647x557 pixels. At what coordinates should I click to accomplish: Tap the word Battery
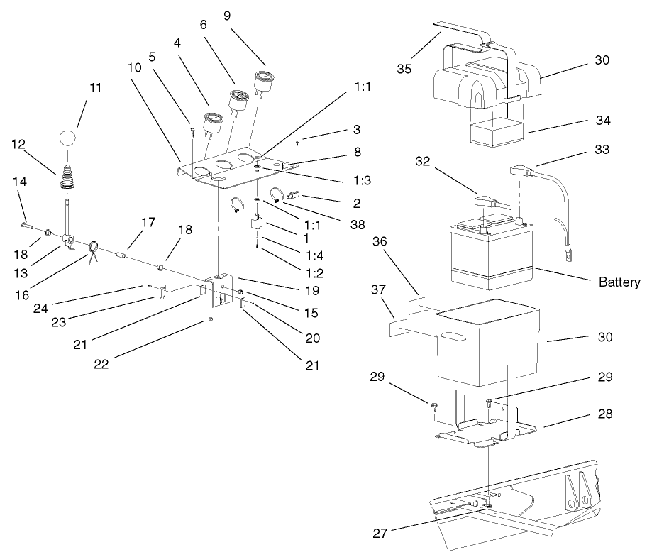(619, 282)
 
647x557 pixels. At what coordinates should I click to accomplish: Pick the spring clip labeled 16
(94, 250)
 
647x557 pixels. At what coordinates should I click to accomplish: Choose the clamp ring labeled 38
(280, 193)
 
